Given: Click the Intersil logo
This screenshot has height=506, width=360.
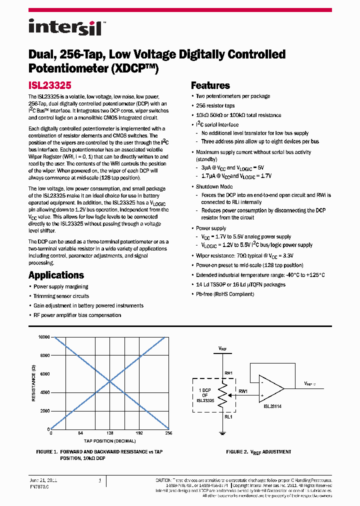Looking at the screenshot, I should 65,27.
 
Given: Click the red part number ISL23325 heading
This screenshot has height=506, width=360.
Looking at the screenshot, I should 50,85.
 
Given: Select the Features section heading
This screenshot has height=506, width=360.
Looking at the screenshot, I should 210,85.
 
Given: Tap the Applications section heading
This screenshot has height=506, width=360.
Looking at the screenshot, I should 56,275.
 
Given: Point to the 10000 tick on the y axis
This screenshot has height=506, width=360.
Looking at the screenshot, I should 43,337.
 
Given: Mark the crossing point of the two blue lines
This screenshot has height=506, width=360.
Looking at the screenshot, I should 110,383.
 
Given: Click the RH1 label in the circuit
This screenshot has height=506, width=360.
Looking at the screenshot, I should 228,372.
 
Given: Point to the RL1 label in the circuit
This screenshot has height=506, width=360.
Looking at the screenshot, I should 228,415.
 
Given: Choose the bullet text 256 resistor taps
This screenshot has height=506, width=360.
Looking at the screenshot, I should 215,105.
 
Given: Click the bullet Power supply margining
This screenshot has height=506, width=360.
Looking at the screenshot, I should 60,286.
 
